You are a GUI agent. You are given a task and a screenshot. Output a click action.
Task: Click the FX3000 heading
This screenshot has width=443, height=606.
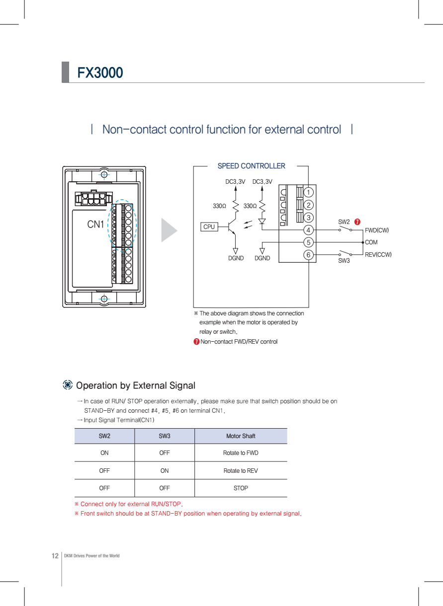click(100, 73)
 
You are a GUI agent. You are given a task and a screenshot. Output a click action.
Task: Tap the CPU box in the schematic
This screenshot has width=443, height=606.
click(209, 227)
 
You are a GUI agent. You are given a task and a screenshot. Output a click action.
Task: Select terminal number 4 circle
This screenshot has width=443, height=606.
click(309, 230)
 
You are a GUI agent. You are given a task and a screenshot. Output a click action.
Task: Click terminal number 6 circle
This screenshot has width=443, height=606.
click(309, 255)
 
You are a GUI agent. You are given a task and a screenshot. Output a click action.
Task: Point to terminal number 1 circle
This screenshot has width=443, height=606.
click(309, 192)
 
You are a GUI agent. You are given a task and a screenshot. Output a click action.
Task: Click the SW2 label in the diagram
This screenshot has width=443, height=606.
click(344, 222)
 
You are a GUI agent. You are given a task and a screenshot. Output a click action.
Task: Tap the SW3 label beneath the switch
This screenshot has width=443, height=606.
click(344, 261)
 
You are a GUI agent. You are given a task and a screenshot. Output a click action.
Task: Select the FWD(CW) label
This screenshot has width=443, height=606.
click(377, 230)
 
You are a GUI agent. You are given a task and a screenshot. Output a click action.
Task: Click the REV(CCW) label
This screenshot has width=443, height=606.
click(378, 255)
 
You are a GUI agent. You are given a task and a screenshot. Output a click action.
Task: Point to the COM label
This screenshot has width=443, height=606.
click(371, 242)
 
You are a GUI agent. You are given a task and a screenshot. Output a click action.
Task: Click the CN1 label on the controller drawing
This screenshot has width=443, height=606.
click(96, 225)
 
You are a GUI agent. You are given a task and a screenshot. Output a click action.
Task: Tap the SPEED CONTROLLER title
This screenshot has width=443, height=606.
click(251, 166)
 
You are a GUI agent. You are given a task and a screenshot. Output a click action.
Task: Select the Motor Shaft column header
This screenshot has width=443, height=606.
click(241, 436)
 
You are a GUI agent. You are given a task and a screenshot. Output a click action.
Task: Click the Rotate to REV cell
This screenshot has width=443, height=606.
click(241, 470)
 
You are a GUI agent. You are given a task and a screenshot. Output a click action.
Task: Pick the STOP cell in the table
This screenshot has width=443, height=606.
click(241, 488)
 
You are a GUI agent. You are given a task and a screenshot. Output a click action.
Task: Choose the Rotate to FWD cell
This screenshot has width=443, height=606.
click(241, 453)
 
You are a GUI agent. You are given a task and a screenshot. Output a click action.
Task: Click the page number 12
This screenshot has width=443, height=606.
click(55, 555)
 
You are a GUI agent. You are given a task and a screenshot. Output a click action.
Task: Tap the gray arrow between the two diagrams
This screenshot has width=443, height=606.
click(169, 230)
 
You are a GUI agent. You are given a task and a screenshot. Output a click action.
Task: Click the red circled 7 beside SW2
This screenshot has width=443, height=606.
click(357, 222)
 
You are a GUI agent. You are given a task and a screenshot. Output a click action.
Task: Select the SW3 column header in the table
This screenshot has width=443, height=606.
click(165, 436)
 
